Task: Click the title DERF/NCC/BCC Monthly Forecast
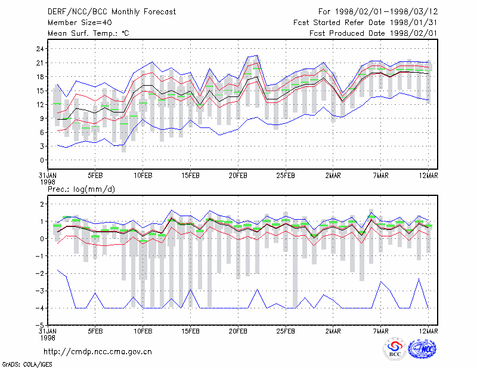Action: point(111,12)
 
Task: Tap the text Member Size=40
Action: point(80,23)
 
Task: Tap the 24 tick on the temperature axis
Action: point(40,49)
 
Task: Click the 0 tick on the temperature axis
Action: point(42,160)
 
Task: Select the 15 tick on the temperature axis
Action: point(40,91)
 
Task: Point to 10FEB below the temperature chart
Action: point(143,176)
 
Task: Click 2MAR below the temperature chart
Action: point(333,176)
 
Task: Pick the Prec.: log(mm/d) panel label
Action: point(81,189)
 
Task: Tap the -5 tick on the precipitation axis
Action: point(40,325)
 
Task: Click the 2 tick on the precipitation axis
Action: point(42,204)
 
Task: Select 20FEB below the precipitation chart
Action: point(238,331)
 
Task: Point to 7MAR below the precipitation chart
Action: point(380,331)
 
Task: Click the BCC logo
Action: point(395,349)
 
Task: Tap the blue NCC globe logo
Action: point(423,349)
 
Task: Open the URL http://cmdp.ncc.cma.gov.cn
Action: point(98,352)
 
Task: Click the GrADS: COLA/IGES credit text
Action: point(27,364)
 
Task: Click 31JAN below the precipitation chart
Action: point(48,331)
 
